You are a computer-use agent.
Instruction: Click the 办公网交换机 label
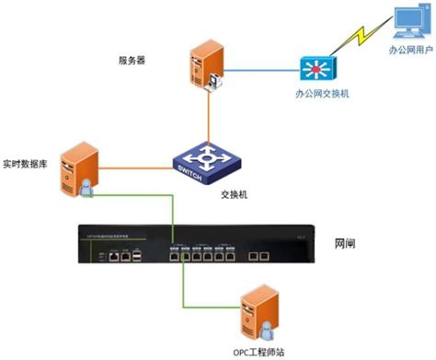tap(321, 95)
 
